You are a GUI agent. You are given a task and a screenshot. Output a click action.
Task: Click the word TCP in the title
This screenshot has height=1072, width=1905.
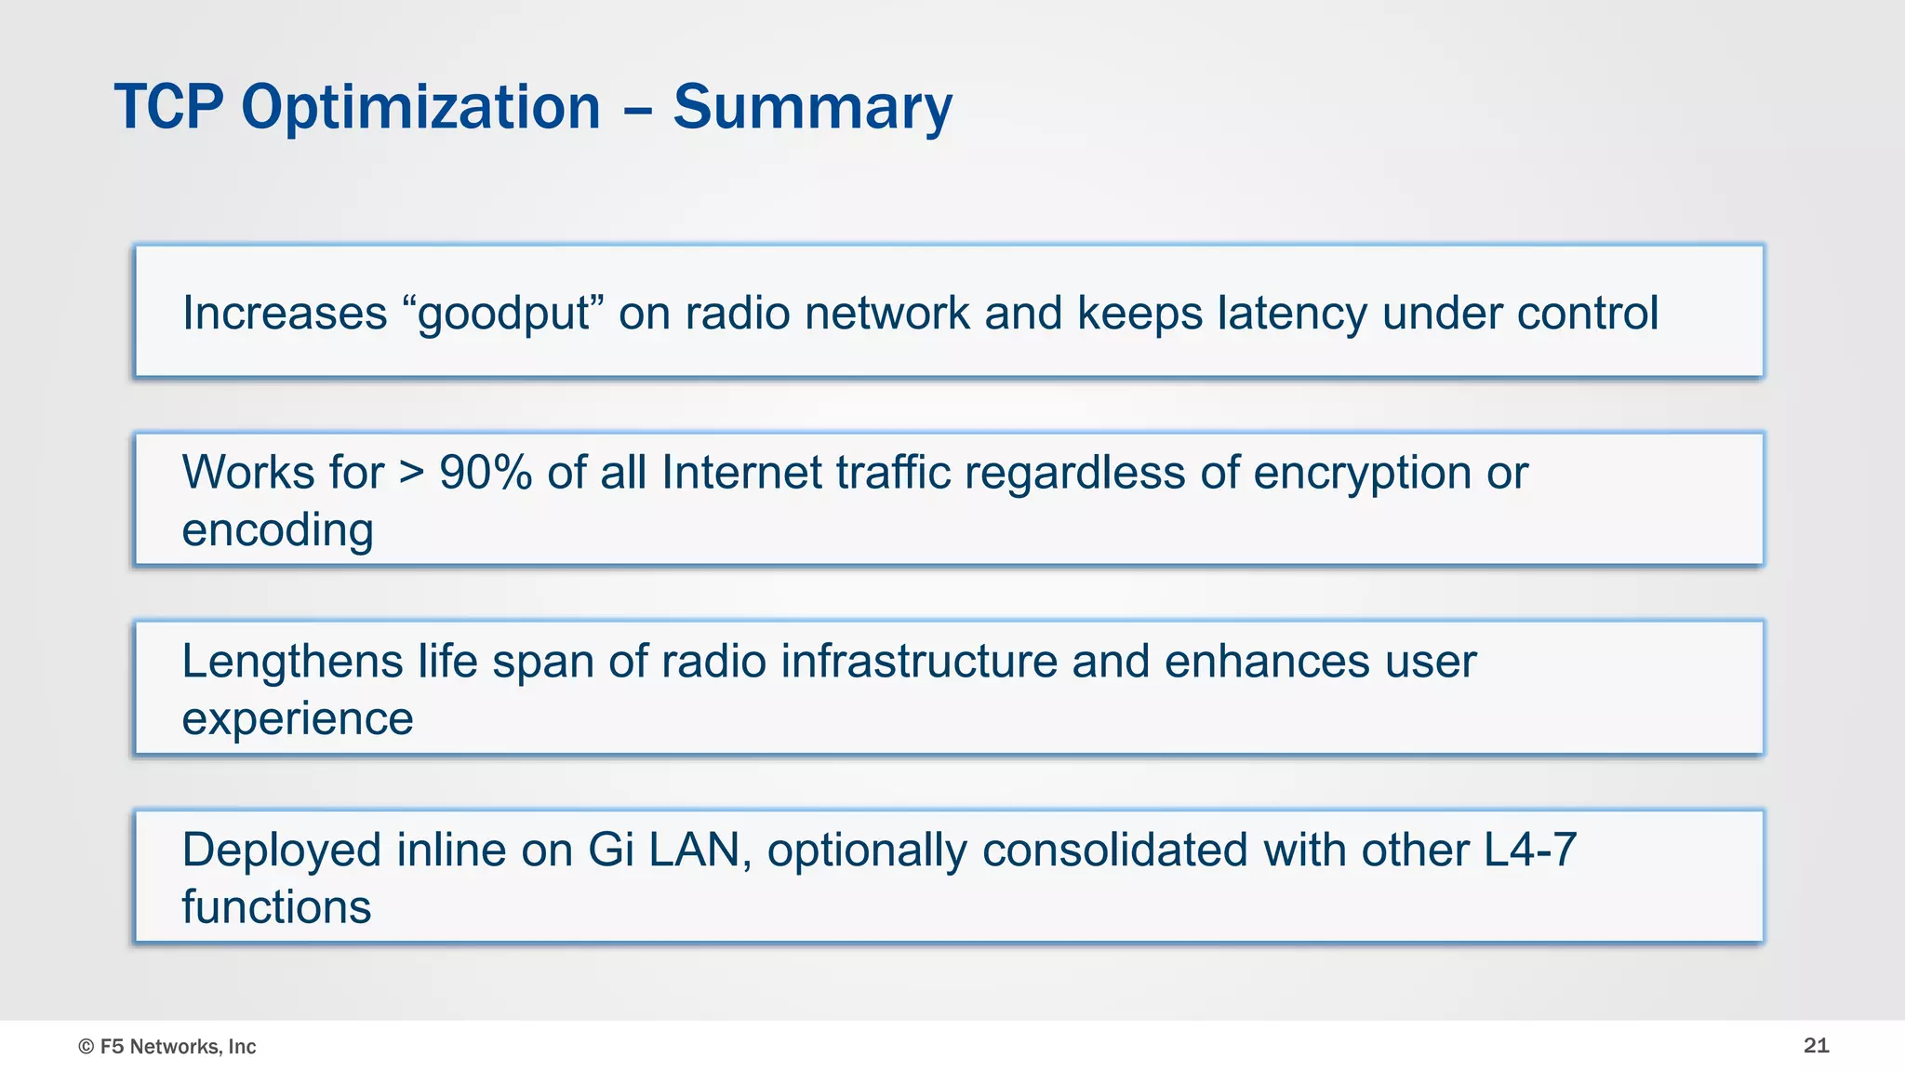click(168, 107)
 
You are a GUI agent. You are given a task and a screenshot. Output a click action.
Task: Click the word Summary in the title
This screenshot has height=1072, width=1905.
click(812, 109)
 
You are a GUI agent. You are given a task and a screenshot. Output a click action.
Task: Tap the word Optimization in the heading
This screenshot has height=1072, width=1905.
click(420, 109)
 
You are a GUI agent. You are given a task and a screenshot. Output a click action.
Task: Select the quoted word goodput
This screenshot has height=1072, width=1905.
click(503, 315)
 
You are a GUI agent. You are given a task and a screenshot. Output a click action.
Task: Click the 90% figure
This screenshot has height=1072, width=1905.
click(485, 473)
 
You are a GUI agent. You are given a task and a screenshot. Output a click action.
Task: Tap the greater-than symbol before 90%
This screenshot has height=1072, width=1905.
click(412, 474)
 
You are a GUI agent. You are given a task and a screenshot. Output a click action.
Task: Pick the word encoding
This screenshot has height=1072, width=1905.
click(277, 531)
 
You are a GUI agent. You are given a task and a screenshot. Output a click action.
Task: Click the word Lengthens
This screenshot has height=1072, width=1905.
click(292, 662)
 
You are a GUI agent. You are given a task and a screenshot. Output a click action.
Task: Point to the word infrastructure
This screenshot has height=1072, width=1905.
click(919, 662)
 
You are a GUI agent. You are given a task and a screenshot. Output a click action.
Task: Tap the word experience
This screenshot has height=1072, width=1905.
click(297, 720)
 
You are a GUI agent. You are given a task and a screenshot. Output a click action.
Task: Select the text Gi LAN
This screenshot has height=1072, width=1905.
click(663, 851)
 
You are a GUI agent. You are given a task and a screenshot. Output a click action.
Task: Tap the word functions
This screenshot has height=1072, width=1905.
click(276, 907)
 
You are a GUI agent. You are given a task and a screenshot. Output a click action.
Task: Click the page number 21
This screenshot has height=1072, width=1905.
click(1816, 1046)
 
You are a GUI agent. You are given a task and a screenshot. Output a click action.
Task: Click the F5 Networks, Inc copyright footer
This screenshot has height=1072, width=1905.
click(167, 1047)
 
